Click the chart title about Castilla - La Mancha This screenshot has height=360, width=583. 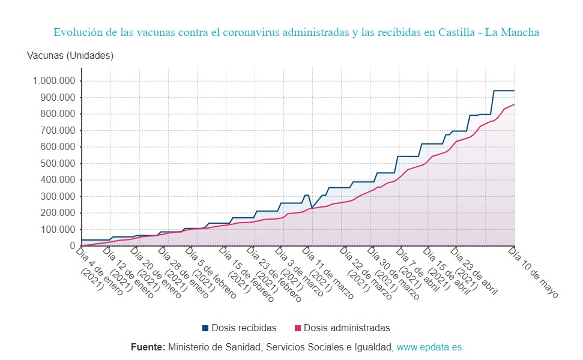pos(296,32)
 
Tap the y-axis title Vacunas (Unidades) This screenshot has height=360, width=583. pos(70,56)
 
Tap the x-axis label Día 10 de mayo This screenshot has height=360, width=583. pos(534,273)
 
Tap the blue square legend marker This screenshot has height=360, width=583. pos(205,328)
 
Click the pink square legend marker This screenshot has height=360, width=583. pos(298,328)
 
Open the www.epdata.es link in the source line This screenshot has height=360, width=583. pos(429,347)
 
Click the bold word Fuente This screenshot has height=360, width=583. pos(148,347)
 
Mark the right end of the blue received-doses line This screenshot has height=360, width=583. pos(515,91)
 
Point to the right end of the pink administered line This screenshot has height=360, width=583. pos(515,104)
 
